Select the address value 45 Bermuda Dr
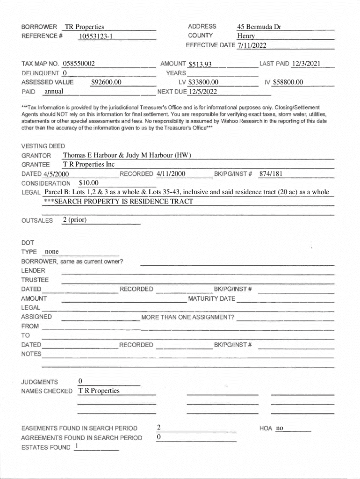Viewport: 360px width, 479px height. [x=259, y=27]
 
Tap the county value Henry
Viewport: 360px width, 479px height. [x=246, y=36]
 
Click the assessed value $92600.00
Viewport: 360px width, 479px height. [x=106, y=82]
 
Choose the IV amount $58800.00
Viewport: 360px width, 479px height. [x=288, y=82]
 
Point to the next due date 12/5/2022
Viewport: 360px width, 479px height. [x=202, y=91]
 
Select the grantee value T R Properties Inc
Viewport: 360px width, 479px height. [x=88, y=165]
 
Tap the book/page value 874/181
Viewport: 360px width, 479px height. [x=271, y=174]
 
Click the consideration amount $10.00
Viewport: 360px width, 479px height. [x=89, y=183]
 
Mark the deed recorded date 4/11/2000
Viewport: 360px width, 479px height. [x=171, y=174]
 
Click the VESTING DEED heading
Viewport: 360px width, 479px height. [x=43, y=146]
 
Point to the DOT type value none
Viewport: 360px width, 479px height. [x=51, y=252]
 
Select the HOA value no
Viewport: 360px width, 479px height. [x=280, y=428]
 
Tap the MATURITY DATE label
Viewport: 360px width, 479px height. [x=211, y=298]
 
